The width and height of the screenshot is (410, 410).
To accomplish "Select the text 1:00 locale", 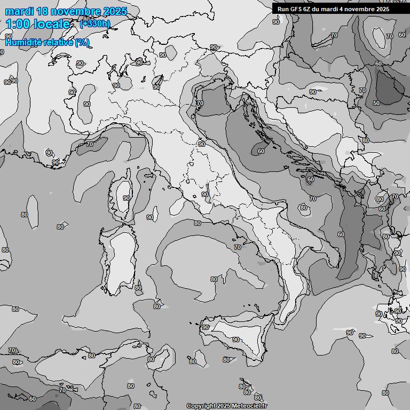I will pyautogui.click(x=38, y=24).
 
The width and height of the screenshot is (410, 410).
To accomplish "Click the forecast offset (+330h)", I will pyautogui.click(x=95, y=24).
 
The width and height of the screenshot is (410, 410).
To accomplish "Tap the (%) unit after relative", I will pyautogui.click(x=82, y=42).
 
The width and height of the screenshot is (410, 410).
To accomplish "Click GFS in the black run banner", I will pyautogui.click(x=295, y=9).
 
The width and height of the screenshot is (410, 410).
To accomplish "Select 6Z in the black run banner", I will pyautogui.click(x=308, y=9).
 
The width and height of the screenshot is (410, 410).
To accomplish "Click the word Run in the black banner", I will pyautogui.click(x=283, y=9).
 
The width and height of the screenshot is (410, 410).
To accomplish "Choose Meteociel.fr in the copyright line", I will pyautogui.click(x=253, y=406).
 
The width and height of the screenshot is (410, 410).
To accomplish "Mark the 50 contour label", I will pyautogui.click(x=376, y=103).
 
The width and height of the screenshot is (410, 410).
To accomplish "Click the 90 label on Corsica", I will pyautogui.click(x=127, y=198).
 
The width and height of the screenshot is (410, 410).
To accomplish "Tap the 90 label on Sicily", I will pyautogui.click(x=235, y=340).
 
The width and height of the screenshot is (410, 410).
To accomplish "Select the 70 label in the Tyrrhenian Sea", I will pyautogui.click(x=238, y=247).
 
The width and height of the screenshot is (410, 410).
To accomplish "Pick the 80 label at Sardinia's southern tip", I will pyautogui.click(x=138, y=288).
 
